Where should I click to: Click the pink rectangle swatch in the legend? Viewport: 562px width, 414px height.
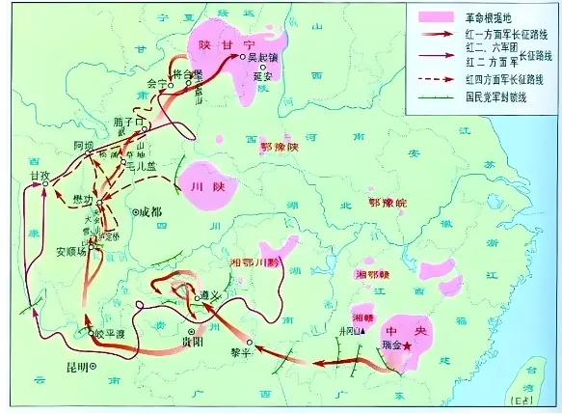(432, 17)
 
